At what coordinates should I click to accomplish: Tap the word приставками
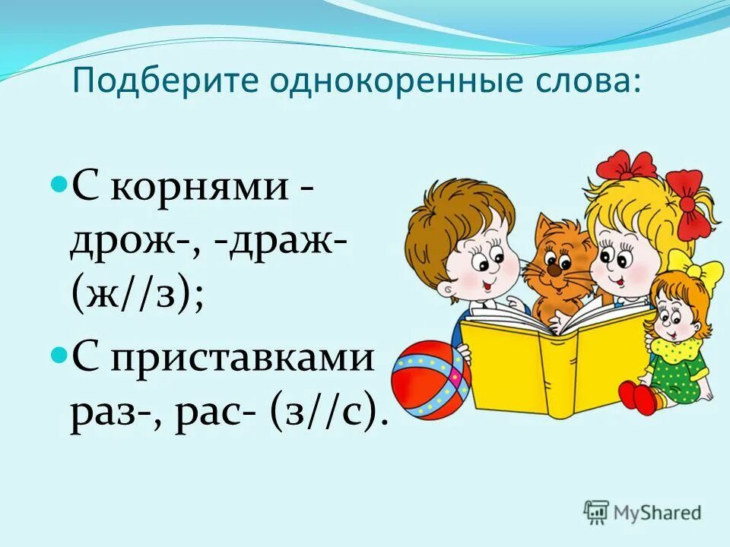point(243,357)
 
